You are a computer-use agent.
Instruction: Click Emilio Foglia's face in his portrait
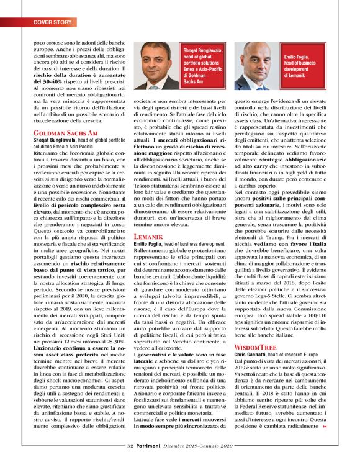tap(255, 62)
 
